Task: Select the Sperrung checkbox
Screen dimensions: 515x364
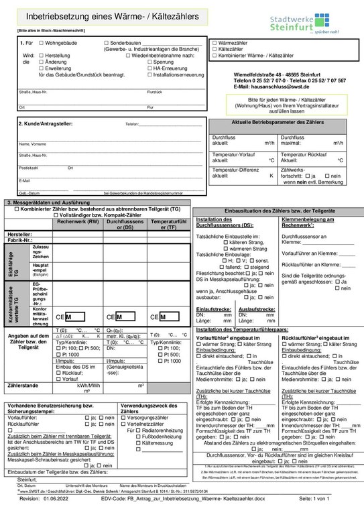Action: [x=149, y=62]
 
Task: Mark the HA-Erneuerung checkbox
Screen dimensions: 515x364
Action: [x=149, y=68]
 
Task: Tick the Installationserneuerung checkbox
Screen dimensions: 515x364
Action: [x=149, y=74]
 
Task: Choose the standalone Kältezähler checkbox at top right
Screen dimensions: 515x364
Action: [x=215, y=49]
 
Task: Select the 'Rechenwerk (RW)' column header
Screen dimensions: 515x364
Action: [x=78, y=223]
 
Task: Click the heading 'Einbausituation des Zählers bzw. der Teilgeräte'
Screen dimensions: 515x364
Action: [x=278, y=211]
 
